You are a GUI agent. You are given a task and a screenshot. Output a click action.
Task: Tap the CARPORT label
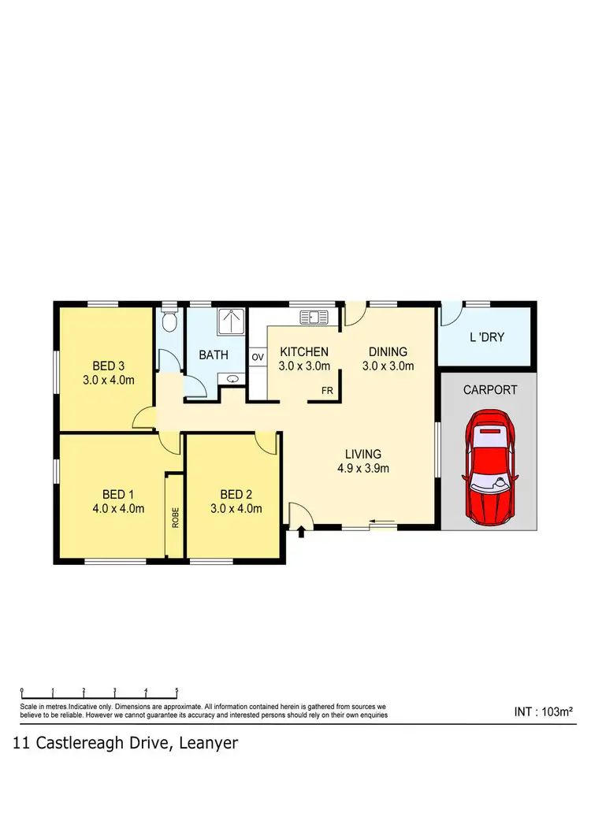coord(490,389)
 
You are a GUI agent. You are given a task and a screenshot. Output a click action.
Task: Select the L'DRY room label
coord(486,337)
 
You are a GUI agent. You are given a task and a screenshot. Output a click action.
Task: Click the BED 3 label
coord(109,366)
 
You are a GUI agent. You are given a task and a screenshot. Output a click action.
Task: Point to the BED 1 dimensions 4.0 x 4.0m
coord(118,508)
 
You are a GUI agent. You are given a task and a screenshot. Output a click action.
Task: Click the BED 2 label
coord(236,494)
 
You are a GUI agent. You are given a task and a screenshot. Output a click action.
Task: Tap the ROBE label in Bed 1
coord(175,517)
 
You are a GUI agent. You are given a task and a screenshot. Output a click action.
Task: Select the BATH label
coord(214,355)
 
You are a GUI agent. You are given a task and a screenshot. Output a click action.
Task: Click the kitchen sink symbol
coord(314,318)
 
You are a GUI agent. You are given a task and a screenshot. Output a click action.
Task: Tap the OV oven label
coord(258,357)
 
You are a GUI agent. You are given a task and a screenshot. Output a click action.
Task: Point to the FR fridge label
coord(325,390)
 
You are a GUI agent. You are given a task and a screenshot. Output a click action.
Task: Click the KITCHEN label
coord(304,351)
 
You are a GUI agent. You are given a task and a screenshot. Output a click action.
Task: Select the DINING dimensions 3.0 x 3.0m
coord(388,366)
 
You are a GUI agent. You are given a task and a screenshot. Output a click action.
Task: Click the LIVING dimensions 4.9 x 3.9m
coord(362,468)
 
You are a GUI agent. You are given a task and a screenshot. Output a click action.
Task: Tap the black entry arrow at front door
coord(301,533)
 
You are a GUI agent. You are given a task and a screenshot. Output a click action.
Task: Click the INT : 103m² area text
coord(542,712)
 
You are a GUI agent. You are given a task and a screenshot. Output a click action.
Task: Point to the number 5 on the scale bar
coord(177,690)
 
